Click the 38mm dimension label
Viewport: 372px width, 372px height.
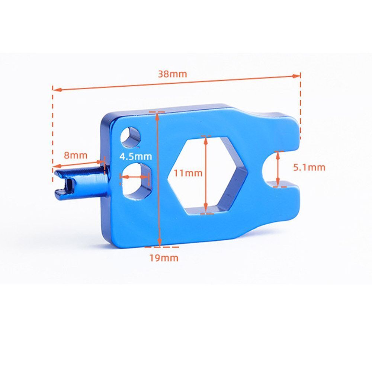[173, 74]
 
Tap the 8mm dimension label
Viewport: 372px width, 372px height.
[76, 155]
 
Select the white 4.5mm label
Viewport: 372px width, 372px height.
[135, 157]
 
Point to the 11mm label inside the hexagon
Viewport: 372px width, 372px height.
[188, 173]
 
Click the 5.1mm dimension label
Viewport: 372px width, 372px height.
[309, 167]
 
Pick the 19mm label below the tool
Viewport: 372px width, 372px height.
[164, 258]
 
